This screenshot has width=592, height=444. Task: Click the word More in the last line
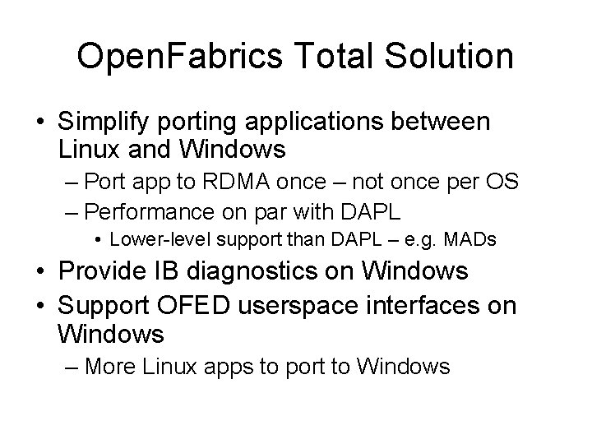coord(111,366)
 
